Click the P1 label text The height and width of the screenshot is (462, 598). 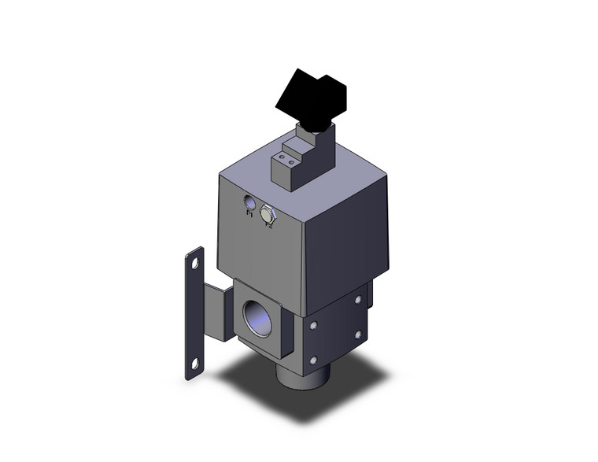[x=250, y=213]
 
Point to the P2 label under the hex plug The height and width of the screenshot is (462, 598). [x=269, y=225]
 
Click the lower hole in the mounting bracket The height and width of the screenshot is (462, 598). [x=191, y=364]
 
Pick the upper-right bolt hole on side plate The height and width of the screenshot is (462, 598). [x=358, y=299]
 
